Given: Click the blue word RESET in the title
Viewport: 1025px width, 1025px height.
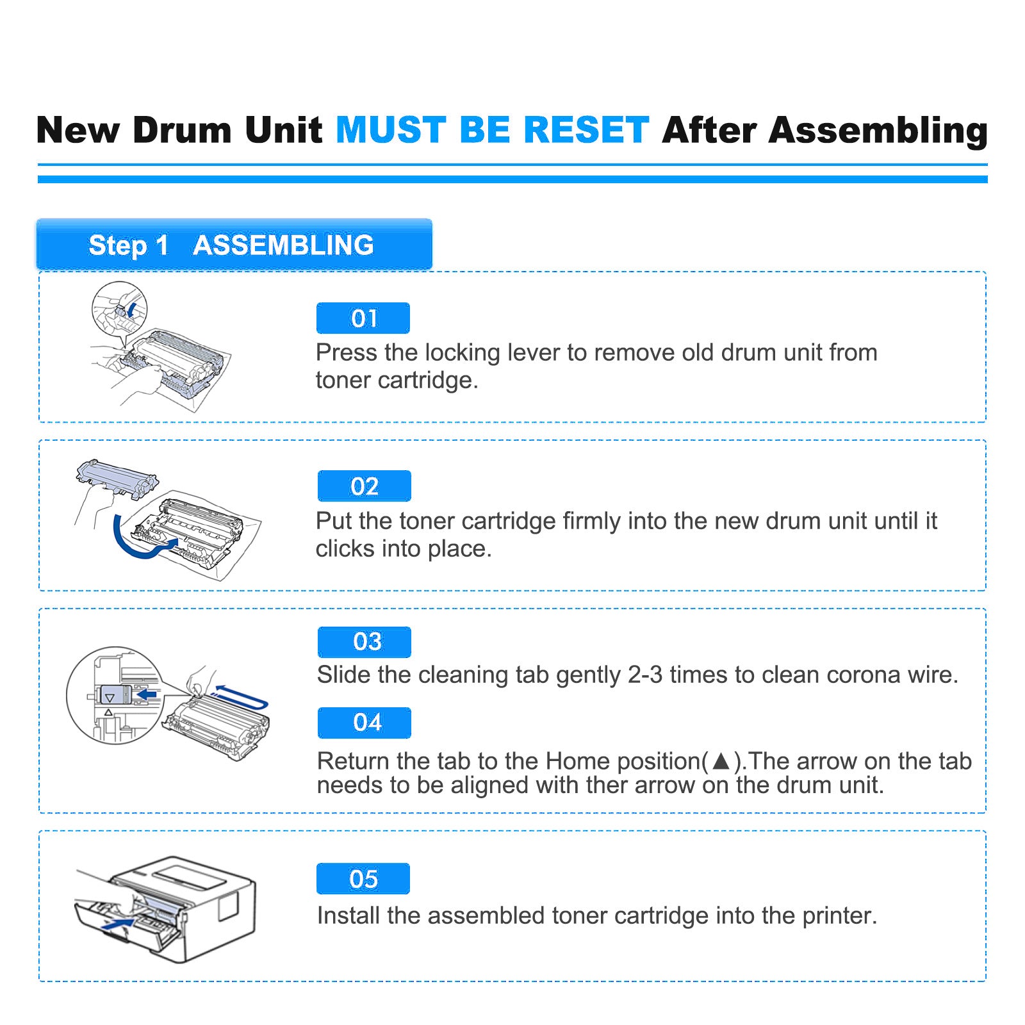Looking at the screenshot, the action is coord(586,130).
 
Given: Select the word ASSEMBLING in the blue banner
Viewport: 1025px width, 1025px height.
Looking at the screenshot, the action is coord(283,245).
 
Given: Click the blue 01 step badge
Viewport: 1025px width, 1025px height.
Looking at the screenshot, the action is coord(363,318).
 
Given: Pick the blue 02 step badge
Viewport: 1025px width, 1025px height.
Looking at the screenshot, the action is coord(364,486).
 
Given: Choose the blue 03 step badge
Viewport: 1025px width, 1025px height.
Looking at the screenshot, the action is coord(365,642).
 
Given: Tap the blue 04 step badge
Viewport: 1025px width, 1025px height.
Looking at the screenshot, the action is coord(365,723).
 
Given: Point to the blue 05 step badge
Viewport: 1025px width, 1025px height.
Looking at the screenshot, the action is coord(363,879).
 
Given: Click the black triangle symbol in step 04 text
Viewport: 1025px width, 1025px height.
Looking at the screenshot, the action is coord(721,761).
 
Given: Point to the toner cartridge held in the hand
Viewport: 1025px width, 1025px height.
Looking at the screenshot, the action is coord(117,477).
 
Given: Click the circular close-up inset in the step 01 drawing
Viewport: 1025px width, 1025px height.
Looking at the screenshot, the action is coord(120,309).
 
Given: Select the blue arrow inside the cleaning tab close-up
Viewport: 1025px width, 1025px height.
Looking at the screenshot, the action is coord(147,694).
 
